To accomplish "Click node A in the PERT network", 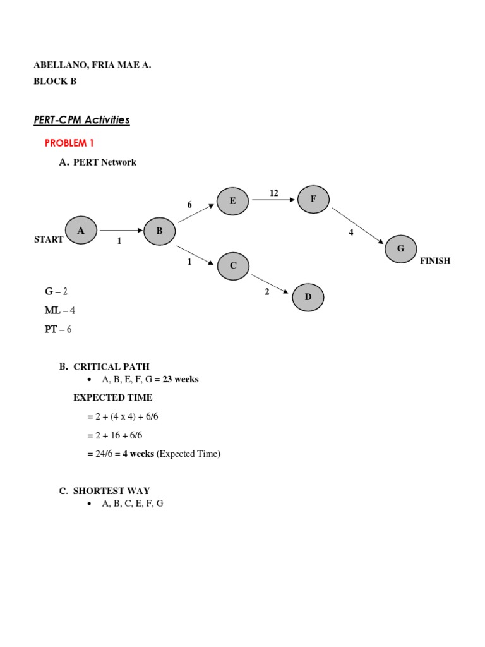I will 81,231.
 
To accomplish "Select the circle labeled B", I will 160,231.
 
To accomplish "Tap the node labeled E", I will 233,201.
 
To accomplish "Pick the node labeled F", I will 313,198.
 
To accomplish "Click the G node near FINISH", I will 400,249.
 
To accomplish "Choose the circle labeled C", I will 233,265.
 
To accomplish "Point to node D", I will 308,297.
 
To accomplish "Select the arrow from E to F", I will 273,200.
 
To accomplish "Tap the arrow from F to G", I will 357,224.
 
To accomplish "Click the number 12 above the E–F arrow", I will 274,193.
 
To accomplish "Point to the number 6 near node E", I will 189,205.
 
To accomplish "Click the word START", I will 49,240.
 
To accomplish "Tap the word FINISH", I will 435,261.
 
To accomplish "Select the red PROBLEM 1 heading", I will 69,143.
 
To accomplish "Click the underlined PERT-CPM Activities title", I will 81,119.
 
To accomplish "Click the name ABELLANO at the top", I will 57,65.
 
